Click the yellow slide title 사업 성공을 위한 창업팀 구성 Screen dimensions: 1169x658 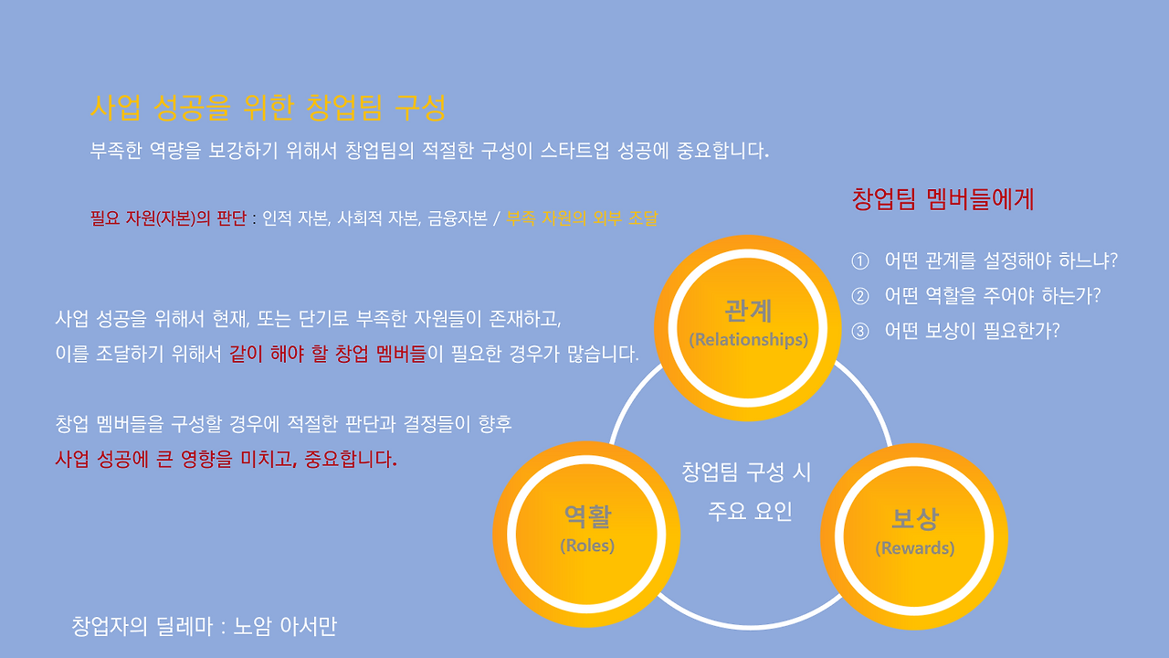tap(269, 108)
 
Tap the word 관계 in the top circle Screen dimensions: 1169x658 tap(748, 312)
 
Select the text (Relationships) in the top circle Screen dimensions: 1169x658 tap(748, 340)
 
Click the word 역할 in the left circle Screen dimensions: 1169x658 tap(587, 518)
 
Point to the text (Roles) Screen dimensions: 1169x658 tap(587, 546)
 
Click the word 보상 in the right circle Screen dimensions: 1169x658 tap(914, 520)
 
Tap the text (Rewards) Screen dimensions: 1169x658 tap(914, 548)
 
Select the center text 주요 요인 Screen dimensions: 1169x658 tap(750, 511)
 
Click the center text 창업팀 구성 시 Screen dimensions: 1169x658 tap(746, 472)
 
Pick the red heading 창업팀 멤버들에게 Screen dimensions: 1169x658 tap(943, 199)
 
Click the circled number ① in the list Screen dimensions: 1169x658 tap(859, 261)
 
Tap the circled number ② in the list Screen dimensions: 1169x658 tap(859, 296)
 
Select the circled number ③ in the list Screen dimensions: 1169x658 tap(859, 331)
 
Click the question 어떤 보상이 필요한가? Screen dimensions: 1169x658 tap(972, 331)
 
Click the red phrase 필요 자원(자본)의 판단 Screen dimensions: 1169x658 tap(169, 219)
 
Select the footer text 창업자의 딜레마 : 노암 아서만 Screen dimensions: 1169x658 tap(204, 627)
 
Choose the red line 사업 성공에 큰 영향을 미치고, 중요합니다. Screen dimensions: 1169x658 tap(226, 459)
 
